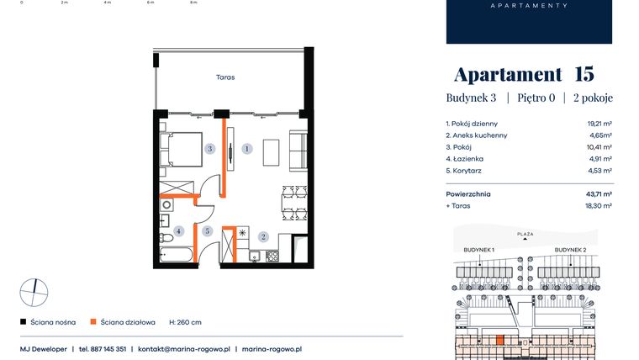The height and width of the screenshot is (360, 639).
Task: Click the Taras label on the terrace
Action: click(x=225, y=77)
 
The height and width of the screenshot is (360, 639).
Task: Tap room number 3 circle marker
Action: click(x=210, y=149)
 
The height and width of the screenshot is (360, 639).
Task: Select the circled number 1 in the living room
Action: click(x=247, y=149)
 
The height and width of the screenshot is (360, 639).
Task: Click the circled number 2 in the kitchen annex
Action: click(x=263, y=236)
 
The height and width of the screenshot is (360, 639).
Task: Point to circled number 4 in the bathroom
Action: click(x=178, y=231)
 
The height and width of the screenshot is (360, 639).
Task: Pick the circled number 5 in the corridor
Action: click(x=207, y=231)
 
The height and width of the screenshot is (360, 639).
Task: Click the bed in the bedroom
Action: click(x=181, y=149)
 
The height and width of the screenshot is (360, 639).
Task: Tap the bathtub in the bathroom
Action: click(x=176, y=254)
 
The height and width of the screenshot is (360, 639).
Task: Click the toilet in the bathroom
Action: click(x=166, y=238)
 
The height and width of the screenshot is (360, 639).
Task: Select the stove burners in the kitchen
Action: click(x=272, y=256)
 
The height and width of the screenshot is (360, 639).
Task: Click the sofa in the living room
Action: click(x=298, y=151)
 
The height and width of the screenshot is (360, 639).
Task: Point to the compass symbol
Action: click(x=34, y=293)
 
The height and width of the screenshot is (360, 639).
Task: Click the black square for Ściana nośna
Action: click(x=24, y=321)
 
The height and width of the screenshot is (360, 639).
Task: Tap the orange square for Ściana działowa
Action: click(x=93, y=321)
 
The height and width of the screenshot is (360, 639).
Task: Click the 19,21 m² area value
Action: click(x=599, y=124)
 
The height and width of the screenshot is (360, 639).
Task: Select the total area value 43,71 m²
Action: click(x=599, y=194)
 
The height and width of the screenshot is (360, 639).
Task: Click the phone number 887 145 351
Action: click(x=108, y=349)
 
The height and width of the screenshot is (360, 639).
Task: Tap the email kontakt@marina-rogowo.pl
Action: click(x=184, y=349)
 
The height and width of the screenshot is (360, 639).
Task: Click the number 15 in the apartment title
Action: click(x=584, y=74)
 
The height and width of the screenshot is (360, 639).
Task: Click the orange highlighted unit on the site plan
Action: click(x=500, y=340)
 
